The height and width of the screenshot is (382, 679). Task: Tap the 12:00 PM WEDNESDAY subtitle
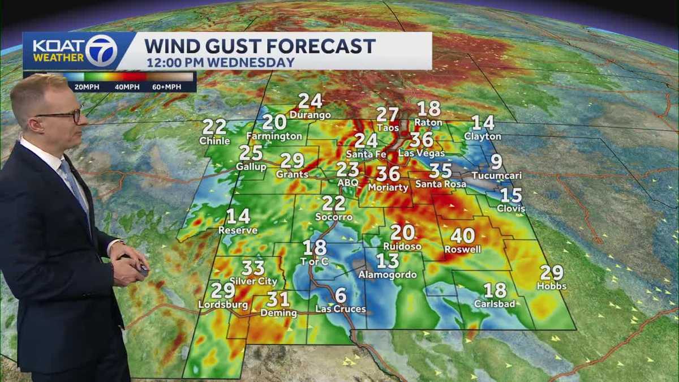coord(221,62)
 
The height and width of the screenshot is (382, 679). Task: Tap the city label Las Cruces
coord(340,309)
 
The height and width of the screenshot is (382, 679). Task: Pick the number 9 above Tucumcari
coord(496,162)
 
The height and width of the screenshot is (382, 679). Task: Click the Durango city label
coord(310,115)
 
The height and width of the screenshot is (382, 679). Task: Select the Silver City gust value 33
coord(253,268)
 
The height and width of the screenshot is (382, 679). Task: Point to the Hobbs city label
coord(551,286)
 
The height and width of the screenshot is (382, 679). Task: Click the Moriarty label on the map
coord(388,187)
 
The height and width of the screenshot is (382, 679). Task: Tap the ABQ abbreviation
coord(347,183)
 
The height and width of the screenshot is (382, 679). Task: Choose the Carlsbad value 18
coord(495,290)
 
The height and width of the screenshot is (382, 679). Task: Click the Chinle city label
coord(214,141)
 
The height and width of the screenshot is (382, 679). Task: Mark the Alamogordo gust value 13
coord(388,261)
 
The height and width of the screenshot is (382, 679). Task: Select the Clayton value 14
coord(483,123)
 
